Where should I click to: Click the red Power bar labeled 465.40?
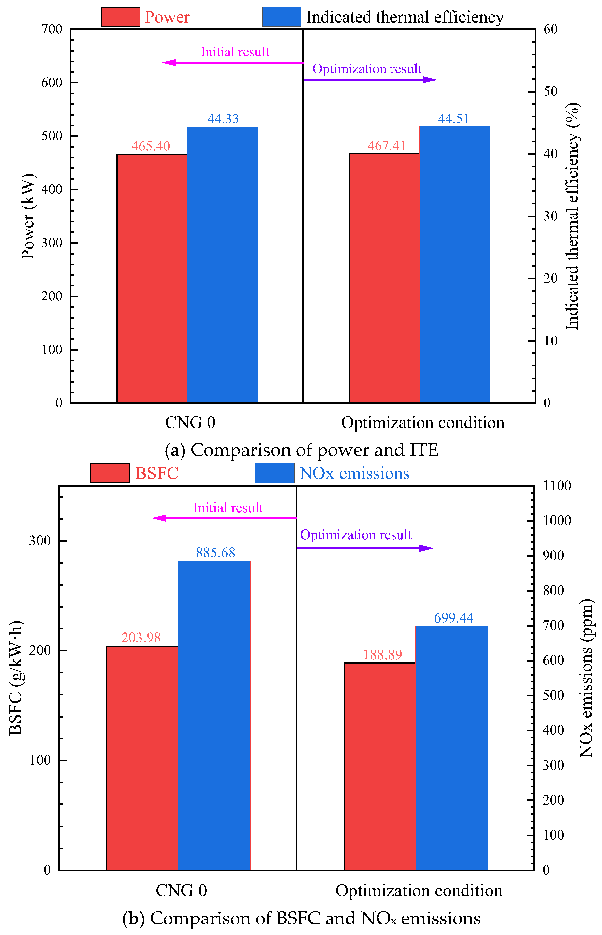pos(152,278)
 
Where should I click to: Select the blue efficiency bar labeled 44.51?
pos(455,264)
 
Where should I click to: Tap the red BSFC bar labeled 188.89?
pos(379,766)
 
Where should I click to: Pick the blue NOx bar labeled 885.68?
pos(214,716)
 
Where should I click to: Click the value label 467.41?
pos(387,146)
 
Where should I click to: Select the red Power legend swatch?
pos(120,17)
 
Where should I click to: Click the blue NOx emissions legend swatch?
pos(275,473)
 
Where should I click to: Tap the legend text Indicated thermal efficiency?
pos(405,17)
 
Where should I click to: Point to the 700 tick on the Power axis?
pos(52,29)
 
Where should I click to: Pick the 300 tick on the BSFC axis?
pos(40,541)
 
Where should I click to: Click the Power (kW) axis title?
pos(28,216)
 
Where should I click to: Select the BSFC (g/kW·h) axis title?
pos(16,677)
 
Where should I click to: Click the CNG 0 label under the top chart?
pos(190,423)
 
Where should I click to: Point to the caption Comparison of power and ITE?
pos(314,450)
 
